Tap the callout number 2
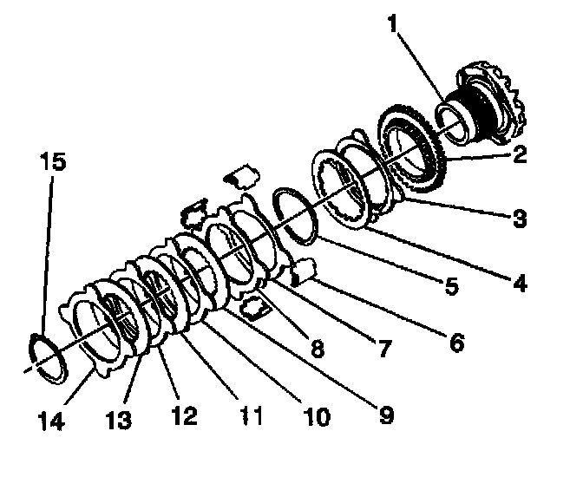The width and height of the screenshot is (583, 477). [x=520, y=157]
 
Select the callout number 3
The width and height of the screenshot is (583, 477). [x=520, y=218]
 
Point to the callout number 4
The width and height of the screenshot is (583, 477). [x=520, y=283]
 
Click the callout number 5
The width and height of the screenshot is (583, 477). [x=450, y=286]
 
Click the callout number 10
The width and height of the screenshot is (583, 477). [x=316, y=418]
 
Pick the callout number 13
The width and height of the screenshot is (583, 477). [x=118, y=420]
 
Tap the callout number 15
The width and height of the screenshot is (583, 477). [x=52, y=162]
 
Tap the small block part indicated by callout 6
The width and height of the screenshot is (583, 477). [x=304, y=273]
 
